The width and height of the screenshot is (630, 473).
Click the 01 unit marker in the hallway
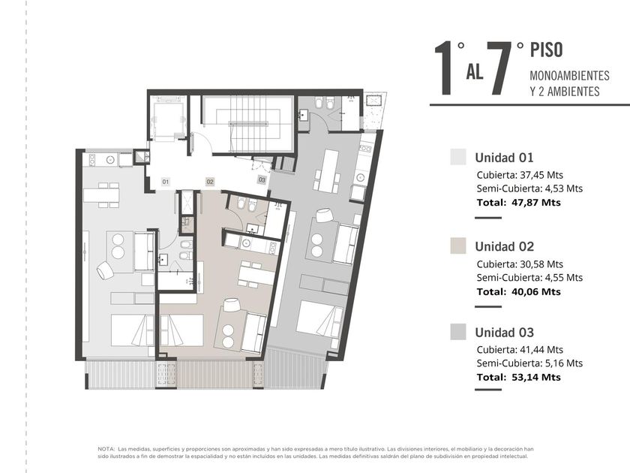(166, 182)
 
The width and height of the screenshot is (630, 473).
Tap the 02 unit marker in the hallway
(210, 182)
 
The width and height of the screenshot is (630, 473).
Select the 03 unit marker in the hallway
(262, 179)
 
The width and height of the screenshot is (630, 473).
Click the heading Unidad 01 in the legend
(504, 157)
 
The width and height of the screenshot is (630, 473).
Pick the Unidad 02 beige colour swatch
(458, 246)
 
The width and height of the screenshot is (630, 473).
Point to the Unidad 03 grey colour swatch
(458, 332)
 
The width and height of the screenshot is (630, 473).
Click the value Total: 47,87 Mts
(519, 202)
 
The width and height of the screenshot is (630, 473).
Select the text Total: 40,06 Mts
(519, 291)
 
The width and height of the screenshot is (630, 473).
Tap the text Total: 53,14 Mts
(519, 377)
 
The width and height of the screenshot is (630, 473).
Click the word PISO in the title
(547, 50)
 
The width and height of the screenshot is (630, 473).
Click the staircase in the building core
(247, 124)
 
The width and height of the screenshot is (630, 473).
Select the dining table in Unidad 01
(101, 195)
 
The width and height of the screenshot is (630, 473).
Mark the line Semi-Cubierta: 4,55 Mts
(529, 278)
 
